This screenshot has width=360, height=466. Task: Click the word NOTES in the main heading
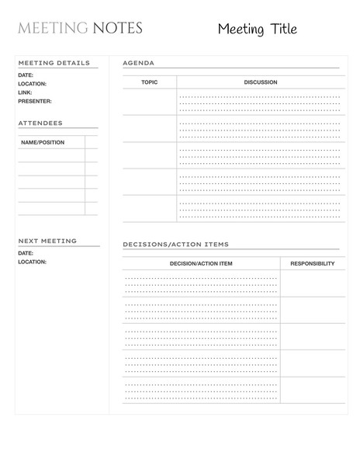(x=117, y=30)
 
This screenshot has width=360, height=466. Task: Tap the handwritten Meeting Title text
(x=257, y=30)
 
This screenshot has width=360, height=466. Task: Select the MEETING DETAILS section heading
(x=54, y=63)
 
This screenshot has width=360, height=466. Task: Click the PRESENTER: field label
(x=35, y=101)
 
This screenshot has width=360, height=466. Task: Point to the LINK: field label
(x=25, y=92)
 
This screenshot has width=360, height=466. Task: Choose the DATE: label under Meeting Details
(x=26, y=75)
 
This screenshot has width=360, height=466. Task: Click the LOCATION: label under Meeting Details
(x=32, y=84)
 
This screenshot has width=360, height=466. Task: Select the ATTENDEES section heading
(x=40, y=123)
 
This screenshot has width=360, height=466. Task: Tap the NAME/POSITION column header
(x=43, y=142)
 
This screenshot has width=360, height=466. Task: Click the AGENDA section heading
(x=138, y=63)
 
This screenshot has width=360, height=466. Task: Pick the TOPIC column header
(x=149, y=82)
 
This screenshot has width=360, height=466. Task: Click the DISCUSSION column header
(x=260, y=82)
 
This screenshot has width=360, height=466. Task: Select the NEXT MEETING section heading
(x=47, y=241)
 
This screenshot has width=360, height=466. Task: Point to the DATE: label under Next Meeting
(x=26, y=253)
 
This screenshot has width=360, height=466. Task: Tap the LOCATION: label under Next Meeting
(x=32, y=262)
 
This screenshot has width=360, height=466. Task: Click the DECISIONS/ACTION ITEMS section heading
(x=175, y=245)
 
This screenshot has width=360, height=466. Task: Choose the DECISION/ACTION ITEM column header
(x=201, y=263)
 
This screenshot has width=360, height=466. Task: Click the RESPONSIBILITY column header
(x=312, y=263)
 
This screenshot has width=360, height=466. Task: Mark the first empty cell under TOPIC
(x=149, y=102)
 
